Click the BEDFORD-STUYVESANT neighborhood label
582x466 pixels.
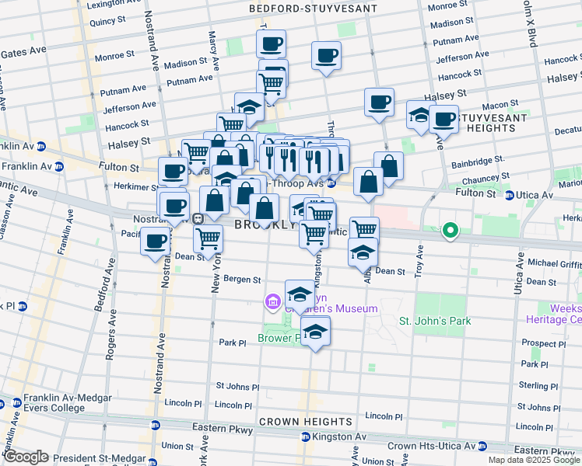[313, 9]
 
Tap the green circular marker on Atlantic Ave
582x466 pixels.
[450, 230]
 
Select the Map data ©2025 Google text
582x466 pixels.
[534, 460]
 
